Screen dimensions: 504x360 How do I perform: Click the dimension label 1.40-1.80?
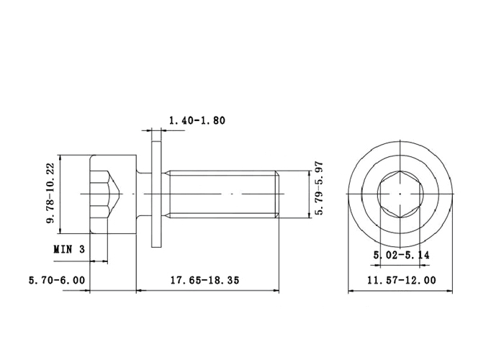pos(197,120)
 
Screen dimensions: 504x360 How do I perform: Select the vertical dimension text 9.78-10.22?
pos(50,194)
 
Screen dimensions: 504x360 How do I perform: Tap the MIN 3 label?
pos(69,249)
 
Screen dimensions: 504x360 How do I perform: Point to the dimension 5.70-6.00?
pos(57,280)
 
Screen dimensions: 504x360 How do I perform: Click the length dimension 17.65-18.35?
pos(204,280)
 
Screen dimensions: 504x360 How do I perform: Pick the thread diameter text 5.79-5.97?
pos(318,189)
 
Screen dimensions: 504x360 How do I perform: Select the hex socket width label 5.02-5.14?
pos(401,255)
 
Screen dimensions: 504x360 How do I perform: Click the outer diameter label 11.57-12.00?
pos(402,280)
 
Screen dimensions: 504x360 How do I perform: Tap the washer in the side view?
pos(156,194)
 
